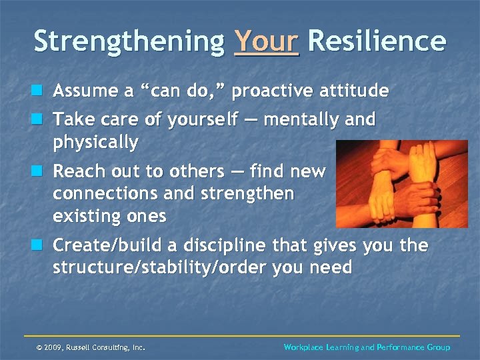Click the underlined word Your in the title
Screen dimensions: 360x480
[267, 41]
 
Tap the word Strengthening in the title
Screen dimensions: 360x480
[129, 41]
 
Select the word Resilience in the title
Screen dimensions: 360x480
[377, 41]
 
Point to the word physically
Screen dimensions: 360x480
[95, 143]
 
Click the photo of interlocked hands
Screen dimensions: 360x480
[401, 184]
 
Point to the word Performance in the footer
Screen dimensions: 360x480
[402, 347]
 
